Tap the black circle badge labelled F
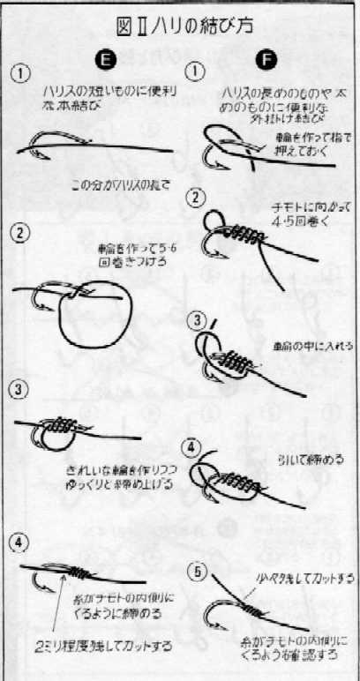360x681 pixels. coord(268,60)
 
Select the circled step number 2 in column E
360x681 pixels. coord(19,234)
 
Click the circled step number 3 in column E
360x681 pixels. coord(19,389)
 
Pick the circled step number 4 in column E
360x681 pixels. coord(19,541)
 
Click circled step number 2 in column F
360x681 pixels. coord(199,196)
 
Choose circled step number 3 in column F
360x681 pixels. coord(199,319)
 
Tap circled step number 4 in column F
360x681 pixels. coord(199,446)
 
